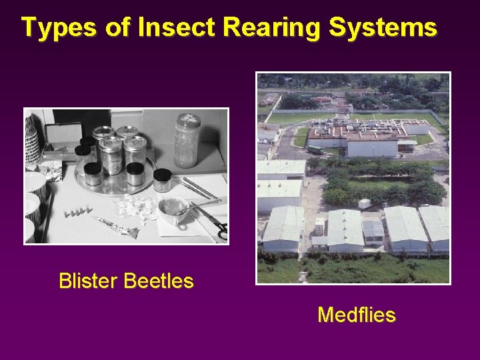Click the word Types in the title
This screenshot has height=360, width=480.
[51, 27]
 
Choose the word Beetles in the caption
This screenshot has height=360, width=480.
[158, 281]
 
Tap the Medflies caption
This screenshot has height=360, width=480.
[356, 315]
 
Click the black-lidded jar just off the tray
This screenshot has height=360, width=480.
[162, 180]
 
